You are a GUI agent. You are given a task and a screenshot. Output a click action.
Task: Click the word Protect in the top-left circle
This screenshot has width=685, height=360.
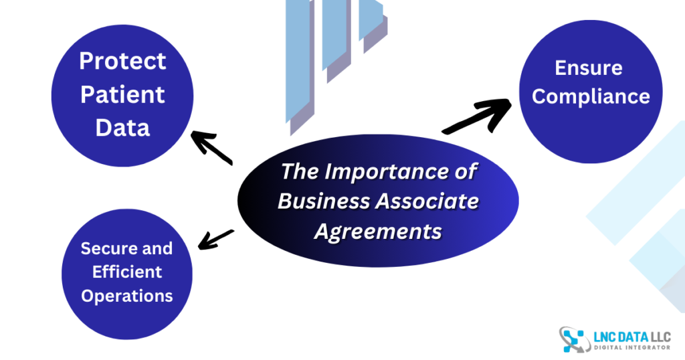tap(122, 61)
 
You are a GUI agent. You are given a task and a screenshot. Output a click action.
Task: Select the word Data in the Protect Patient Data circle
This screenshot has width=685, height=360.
tap(122, 127)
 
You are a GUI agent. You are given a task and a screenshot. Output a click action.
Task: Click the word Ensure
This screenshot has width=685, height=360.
tap(589, 68)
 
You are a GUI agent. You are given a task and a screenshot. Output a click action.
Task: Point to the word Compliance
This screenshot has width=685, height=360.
tap(591, 96)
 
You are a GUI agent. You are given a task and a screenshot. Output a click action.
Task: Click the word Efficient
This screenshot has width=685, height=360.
tap(127, 272)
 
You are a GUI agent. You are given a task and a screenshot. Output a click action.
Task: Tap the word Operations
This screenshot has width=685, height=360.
tap(127, 295)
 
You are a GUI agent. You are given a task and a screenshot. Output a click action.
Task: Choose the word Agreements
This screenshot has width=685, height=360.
tap(378, 231)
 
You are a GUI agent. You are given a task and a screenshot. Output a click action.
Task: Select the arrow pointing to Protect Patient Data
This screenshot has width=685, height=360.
tap(211, 147)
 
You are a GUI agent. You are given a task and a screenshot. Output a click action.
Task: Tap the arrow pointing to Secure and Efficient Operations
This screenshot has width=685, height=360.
tap(216, 238)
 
